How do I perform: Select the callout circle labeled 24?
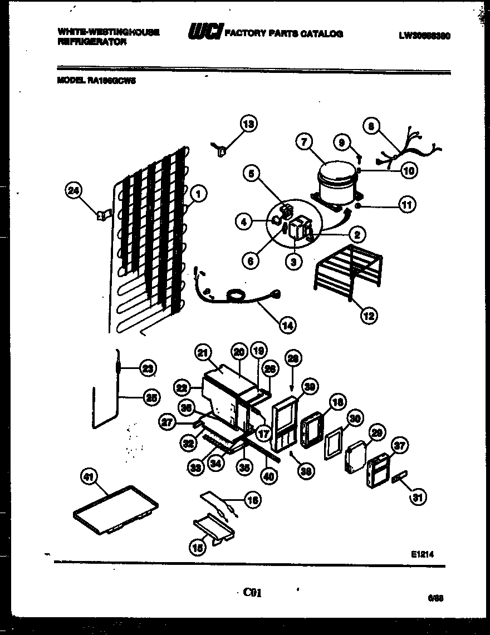73,191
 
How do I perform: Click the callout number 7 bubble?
303,142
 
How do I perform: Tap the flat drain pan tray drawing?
116,509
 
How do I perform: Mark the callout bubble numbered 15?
197,548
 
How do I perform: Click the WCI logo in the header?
205,34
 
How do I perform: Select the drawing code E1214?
422,554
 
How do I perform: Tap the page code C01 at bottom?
252,593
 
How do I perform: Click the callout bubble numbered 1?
199,193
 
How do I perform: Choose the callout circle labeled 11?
408,205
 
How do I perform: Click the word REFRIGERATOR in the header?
92,41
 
